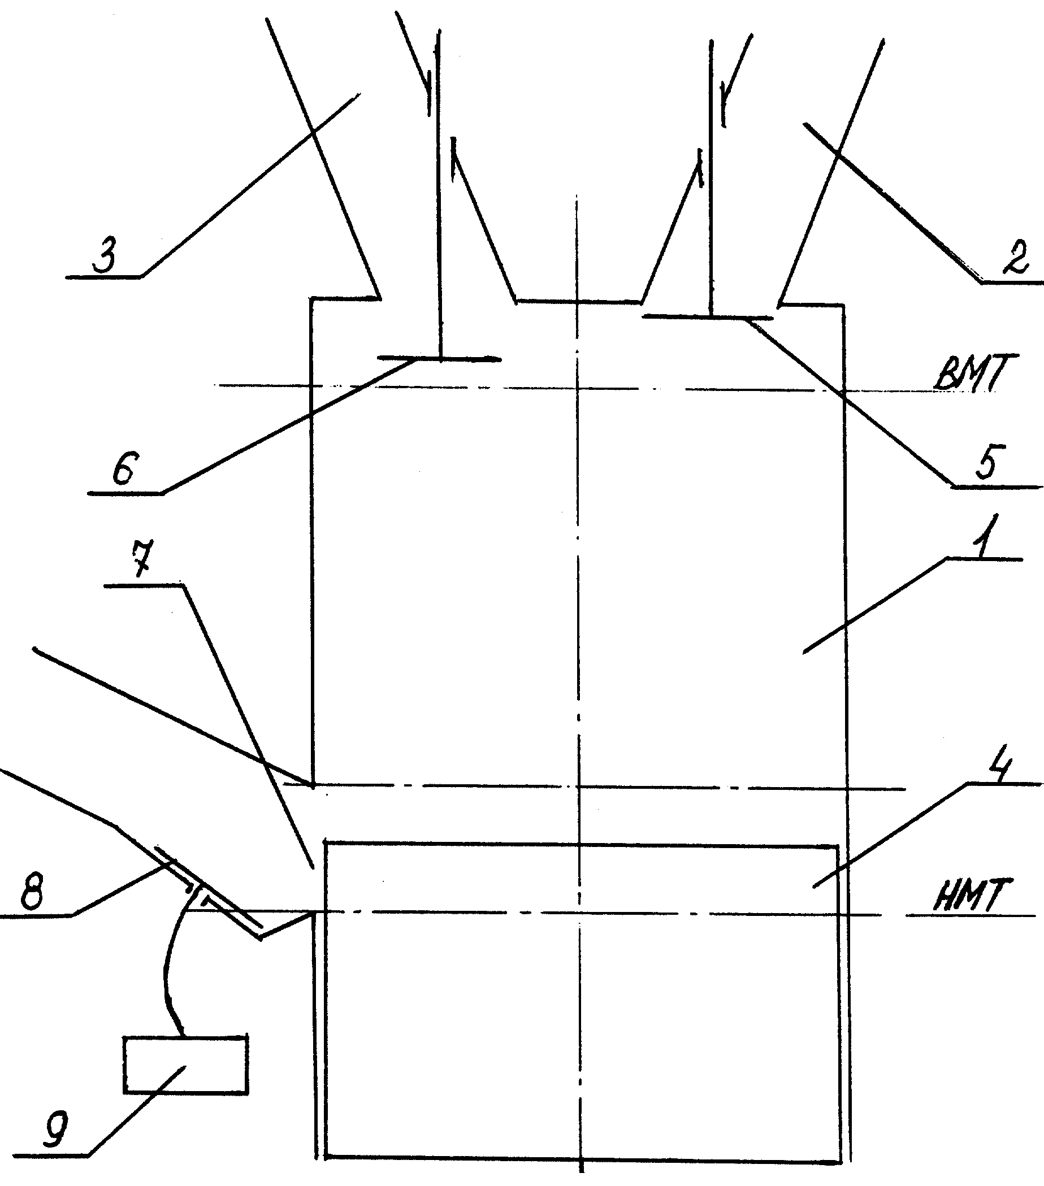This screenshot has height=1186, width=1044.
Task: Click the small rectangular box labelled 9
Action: tap(186, 1065)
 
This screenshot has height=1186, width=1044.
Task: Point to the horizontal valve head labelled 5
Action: tap(708, 317)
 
